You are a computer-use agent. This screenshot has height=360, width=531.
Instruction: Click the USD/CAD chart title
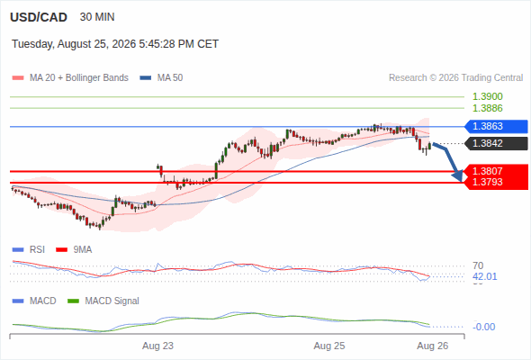point(39,17)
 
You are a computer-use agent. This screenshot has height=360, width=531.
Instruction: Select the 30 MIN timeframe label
point(97,17)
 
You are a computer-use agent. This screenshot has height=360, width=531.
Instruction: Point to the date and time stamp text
point(115,44)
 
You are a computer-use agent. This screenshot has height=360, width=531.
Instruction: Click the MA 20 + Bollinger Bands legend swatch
point(18,78)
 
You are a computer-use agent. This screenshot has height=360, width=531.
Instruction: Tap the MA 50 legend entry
point(161,78)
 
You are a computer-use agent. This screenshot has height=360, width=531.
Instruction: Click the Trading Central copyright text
point(455,78)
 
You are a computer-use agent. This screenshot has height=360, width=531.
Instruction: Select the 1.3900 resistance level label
point(487,96)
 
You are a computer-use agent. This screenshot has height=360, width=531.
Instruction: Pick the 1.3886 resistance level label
point(487,108)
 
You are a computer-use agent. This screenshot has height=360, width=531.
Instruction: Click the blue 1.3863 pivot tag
point(496,126)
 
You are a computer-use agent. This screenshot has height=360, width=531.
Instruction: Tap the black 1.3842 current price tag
point(497,143)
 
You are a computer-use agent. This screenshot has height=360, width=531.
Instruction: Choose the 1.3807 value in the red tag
point(487,171)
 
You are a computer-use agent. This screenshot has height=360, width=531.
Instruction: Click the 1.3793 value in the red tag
point(487,182)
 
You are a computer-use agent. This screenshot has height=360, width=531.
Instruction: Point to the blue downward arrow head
point(457,175)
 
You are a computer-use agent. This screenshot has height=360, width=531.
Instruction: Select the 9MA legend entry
point(74,250)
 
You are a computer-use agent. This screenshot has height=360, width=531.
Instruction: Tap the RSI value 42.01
point(485,276)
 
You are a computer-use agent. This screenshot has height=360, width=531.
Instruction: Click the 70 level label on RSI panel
point(478,265)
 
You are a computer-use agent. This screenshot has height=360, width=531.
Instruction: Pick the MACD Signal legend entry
point(103,301)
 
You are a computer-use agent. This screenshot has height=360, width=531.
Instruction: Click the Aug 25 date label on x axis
point(329,346)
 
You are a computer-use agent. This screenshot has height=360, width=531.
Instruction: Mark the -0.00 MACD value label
point(484,327)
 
